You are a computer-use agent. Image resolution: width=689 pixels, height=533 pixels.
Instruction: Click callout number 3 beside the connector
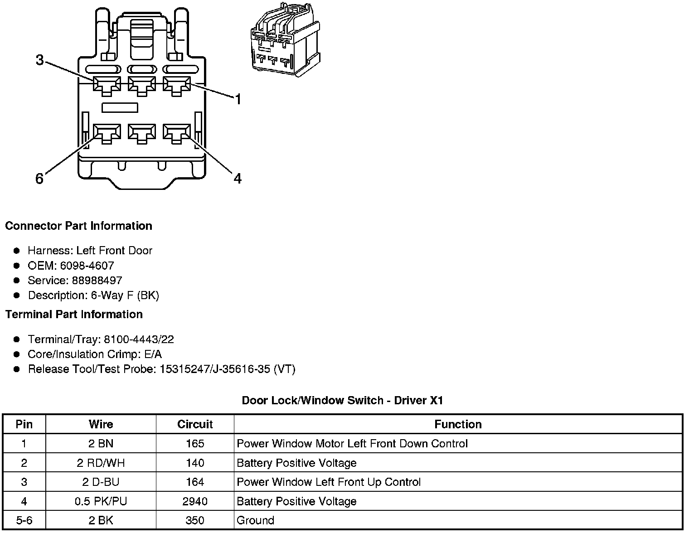[40, 59]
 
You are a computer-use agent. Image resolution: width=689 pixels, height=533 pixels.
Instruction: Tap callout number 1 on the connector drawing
[238, 99]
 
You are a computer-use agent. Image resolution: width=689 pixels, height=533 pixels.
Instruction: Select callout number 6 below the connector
[39, 179]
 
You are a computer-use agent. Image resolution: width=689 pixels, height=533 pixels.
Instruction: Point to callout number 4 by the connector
[238, 179]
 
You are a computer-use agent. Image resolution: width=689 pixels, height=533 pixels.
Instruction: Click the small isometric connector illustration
[285, 40]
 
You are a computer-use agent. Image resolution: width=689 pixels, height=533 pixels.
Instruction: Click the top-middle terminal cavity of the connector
[142, 85]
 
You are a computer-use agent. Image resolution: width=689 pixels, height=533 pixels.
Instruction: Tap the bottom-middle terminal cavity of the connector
[142, 133]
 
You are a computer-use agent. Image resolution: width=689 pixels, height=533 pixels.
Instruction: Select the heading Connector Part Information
[78, 226]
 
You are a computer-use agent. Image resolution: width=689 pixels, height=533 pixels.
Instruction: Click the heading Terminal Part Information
[74, 314]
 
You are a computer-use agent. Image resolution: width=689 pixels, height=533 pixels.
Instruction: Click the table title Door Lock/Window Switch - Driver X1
[342, 400]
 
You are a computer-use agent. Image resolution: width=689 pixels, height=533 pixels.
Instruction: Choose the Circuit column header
[195, 424]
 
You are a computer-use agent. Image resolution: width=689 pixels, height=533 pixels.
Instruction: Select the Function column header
[458, 424]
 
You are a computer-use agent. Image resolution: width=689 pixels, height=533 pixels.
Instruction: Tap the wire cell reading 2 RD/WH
[101, 463]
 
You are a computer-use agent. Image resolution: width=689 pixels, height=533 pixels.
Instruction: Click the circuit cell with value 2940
[195, 501]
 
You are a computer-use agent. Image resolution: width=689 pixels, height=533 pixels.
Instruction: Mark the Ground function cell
[256, 520]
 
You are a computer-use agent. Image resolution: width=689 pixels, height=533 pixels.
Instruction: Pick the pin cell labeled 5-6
[24, 520]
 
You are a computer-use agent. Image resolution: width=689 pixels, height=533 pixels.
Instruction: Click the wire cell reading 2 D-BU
[101, 482]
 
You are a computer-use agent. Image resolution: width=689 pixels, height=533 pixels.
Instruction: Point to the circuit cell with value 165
[195, 443]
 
